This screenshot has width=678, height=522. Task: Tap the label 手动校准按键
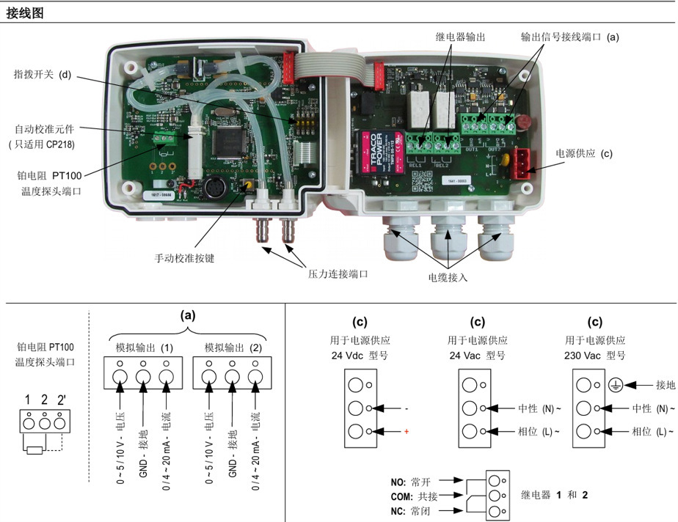184,259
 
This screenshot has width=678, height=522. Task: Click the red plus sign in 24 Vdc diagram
406,432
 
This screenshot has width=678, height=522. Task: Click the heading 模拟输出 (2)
233,347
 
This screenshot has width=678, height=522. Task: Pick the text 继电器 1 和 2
554,496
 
